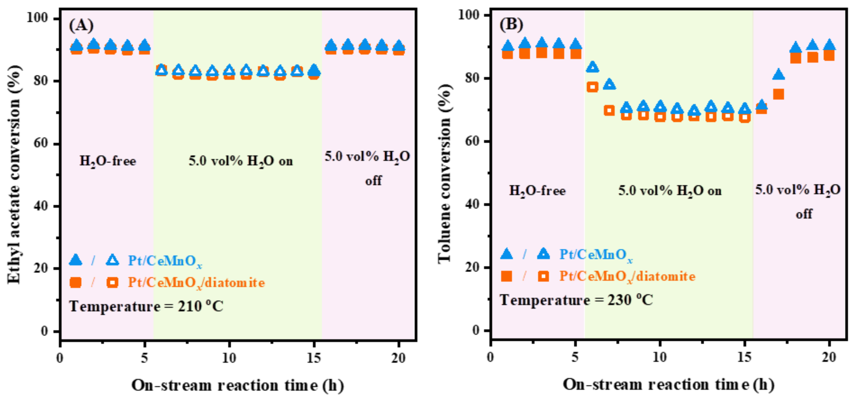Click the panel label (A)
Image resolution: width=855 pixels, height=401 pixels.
pyautogui.click(x=81, y=25)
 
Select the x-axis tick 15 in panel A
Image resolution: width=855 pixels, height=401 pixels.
pyautogui.click(x=314, y=358)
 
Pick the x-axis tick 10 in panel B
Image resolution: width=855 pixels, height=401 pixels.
pyautogui.click(x=660, y=357)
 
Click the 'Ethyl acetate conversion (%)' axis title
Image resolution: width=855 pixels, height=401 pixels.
pyautogui.click(x=14, y=174)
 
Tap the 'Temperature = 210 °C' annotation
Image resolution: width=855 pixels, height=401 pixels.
pyautogui.click(x=146, y=306)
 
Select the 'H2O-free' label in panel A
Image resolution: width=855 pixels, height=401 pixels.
pyautogui.click(x=107, y=161)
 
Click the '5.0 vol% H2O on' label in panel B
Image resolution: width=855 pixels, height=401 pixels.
pyautogui.click(x=670, y=191)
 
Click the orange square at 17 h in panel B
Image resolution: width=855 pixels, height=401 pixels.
pyautogui.click(x=778, y=94)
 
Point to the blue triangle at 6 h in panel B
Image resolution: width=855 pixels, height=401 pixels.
pyautogui.click(x=592, y=67)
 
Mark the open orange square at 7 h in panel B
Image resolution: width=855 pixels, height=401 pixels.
pyautogui.click(x=609, y=111)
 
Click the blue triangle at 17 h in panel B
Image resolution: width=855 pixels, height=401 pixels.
pyautogui.click(x=778, y=75)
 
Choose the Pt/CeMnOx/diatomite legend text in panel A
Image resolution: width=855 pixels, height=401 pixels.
pyautogui.click(x=196, y=283)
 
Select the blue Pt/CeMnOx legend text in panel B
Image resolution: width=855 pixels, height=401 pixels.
pyautogui.click(x=596, y=255)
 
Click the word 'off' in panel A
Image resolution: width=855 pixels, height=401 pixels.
pyautogui.click(x=373, y=181)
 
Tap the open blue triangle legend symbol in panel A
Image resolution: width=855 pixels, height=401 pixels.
pyautogui.click(x=112, y=260)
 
